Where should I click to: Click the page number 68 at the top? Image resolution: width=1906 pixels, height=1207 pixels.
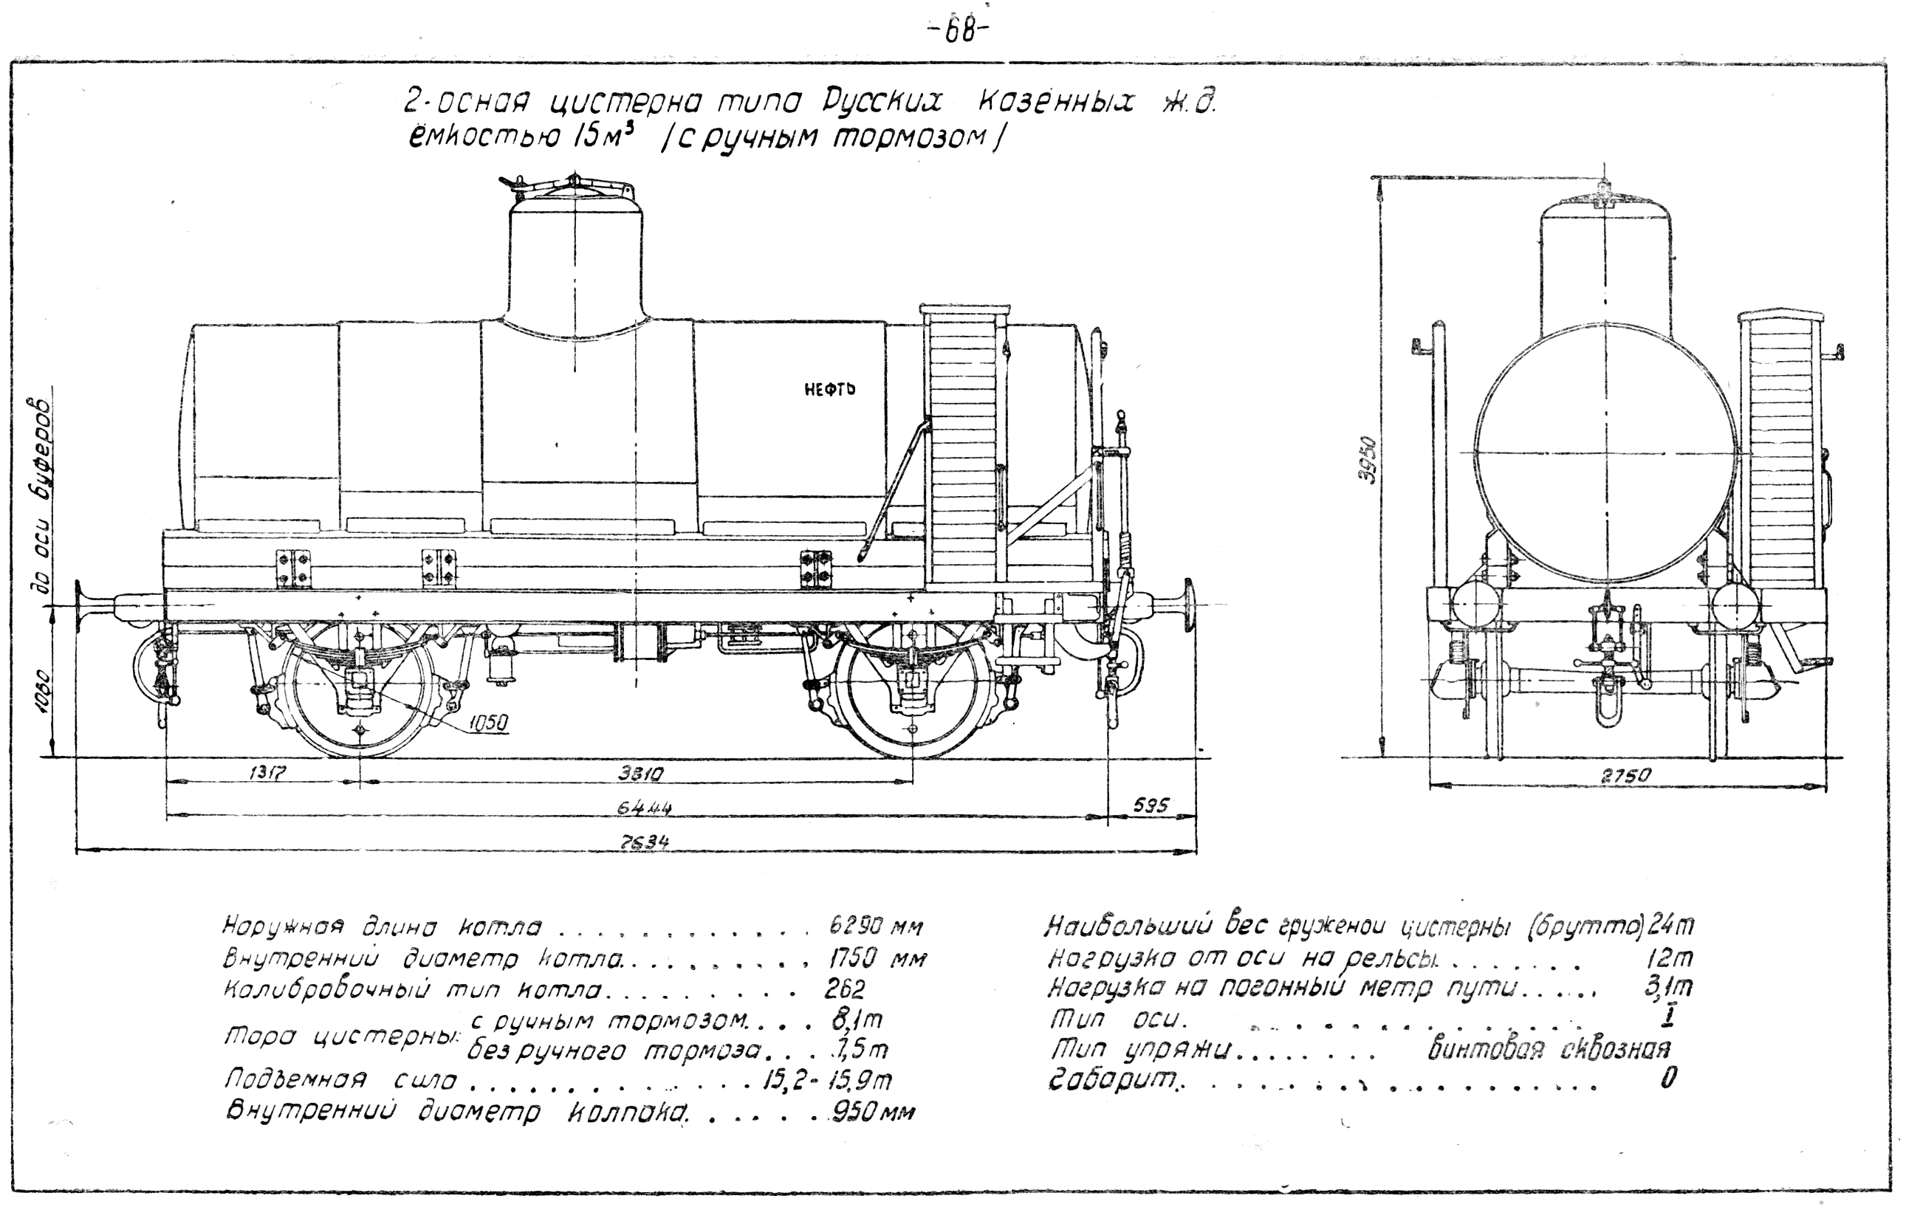point(956,34)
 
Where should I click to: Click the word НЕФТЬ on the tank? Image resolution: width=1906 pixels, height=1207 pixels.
point(829,389)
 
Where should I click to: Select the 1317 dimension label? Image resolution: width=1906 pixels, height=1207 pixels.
point(267,773)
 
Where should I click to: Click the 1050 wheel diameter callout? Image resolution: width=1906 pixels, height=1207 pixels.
point(488,721)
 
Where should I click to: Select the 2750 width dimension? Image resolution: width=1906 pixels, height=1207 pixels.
point(1627,777)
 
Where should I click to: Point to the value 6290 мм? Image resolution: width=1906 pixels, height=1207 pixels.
point(875,925)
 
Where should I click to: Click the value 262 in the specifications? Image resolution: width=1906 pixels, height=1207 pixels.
point(844,989)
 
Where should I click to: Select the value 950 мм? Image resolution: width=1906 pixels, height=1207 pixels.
point(872,1112)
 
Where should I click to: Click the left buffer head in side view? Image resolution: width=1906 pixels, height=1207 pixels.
point(80,606)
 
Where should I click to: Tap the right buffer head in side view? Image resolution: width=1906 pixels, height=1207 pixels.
point(1189,604)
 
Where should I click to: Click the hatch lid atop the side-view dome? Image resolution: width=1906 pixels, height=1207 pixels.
point(574,188)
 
